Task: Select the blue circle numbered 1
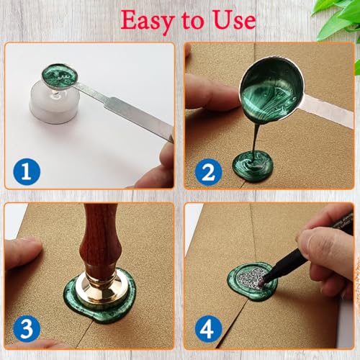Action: point(27,171)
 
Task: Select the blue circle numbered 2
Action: point(208,172)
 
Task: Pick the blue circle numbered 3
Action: point(27,328)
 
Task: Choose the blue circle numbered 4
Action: point(208,328)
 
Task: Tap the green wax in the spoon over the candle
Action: point(60,75)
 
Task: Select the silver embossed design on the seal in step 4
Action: point(250,279)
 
